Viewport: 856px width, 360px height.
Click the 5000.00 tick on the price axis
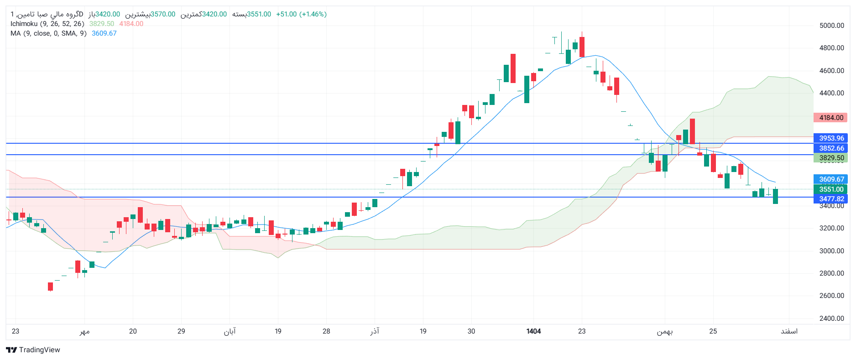click(831, 26)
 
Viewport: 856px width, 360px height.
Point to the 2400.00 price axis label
click(831, 318)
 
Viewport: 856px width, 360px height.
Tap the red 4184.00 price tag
click(831, 118)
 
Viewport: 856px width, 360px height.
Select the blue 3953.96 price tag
click(831, 138)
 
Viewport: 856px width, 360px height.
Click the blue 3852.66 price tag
click(831, 148)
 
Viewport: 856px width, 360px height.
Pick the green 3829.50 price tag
click(831, 158)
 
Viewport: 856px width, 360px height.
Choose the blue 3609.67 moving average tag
click(831, 179)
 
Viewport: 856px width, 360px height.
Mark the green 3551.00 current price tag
click(831, 189)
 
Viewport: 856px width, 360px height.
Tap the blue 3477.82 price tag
click(831, 199)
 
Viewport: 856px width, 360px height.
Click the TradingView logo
click(33, 350)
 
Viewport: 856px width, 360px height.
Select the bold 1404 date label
click(533, 331)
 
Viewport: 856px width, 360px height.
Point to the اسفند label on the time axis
click(789, 331)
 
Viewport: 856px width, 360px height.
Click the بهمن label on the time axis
click(664, 331)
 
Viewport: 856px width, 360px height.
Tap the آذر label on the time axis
click(375, 331)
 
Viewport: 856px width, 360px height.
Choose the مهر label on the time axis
click(84, 331)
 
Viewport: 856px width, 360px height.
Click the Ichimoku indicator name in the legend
click(24, 24)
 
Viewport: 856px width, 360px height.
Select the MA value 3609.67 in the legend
click(104, 33)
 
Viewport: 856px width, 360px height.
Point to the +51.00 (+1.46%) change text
click(301, 14)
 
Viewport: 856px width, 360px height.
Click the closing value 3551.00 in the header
click(259, 14)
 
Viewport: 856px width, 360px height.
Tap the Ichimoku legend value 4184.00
click(131, 24)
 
